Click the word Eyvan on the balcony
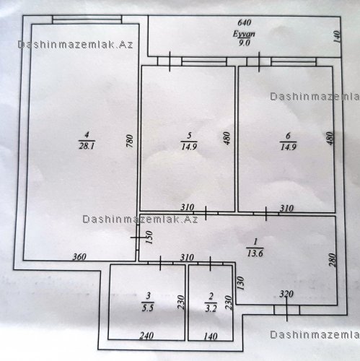click(x=244, y=34)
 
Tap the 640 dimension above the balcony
click(x=244, y=22)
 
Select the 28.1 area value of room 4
click(x=87, y=146)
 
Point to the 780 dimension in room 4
click(x=130, y=141)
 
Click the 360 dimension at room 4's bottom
click(x=79, y=257)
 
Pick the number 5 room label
click(x=189, y=136)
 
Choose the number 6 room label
click(x=289, y=136)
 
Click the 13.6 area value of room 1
click(x=255, y=253)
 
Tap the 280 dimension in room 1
click(x=332, y=260)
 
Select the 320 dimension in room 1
click(x=286, y=294)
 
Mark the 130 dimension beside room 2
click(x=241, y=283)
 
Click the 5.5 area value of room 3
click(x=148, y=308)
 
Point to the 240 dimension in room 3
click(x=146, y=335)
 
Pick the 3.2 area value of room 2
click(x=211, y=308)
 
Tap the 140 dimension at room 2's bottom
click(x=211, y=336)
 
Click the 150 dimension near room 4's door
click(x=149, y=238)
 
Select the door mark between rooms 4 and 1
click(x=138, y=238)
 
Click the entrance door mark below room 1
click(x=286, y=310)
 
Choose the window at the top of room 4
click(x=87, y=19)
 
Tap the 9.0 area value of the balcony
click(x=244, y=43)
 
